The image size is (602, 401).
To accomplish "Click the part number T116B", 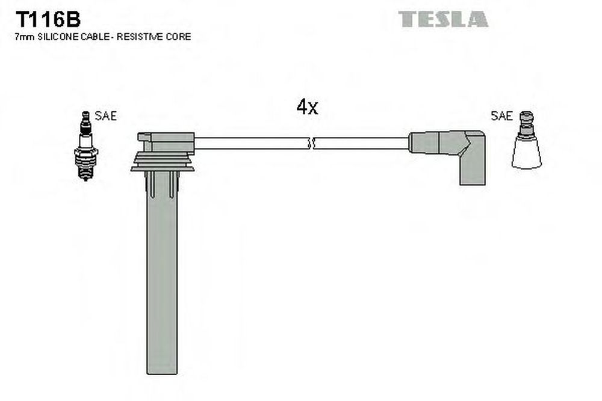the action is click(x=48, y=19).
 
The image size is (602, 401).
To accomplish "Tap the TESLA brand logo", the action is click(x=443, y=19).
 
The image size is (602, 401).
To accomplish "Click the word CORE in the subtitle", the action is click(x=179, y=37).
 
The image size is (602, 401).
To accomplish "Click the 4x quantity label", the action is click(x=307, y=106).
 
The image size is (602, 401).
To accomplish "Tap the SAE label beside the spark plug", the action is click(x=105, y=116).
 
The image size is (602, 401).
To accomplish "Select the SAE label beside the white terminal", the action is click(x=501, y=115).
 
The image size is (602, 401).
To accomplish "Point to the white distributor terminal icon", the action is click(x=526, y=140).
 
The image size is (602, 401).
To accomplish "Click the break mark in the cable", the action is click(x=312, y=143).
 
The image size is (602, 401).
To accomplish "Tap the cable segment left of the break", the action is click(x=252, y=143).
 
